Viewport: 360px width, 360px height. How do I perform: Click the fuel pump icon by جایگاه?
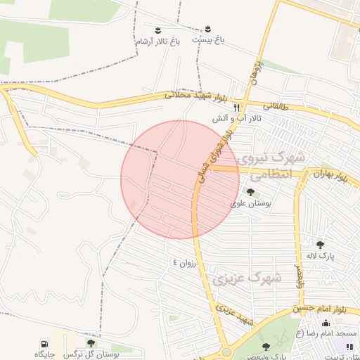click(44, 343)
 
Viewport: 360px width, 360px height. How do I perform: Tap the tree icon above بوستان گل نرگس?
click(91, 343)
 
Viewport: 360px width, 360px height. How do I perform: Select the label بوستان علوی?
click(251, 203)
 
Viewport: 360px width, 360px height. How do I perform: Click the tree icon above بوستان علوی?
click(251, 192)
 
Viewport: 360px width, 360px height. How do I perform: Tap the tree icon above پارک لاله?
click(321, 245)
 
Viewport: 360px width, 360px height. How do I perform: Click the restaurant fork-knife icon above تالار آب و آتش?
click(238, 108)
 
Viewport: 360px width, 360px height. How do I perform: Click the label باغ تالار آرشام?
click(158, 42)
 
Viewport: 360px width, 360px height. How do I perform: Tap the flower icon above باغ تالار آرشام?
click(158, 30)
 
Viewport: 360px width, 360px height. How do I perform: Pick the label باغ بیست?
click(209, 41)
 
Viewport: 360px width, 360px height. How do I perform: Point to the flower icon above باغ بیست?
click(209, 30)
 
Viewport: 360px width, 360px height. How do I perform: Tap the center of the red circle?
click(181, 180)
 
